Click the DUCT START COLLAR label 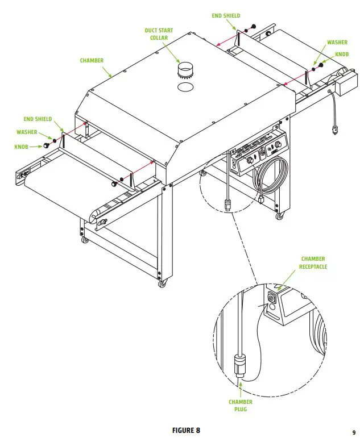coord(159,34)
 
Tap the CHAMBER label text coord(92,60)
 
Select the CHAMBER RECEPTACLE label coord(314,262)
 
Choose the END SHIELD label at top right coord(226,16)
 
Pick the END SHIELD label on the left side coord(38,119)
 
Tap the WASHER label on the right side coord(338,43)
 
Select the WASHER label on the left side coord(27,132)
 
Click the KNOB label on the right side coord(342,55)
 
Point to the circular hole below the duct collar coord(185,87)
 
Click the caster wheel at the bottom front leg coord(163,283)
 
